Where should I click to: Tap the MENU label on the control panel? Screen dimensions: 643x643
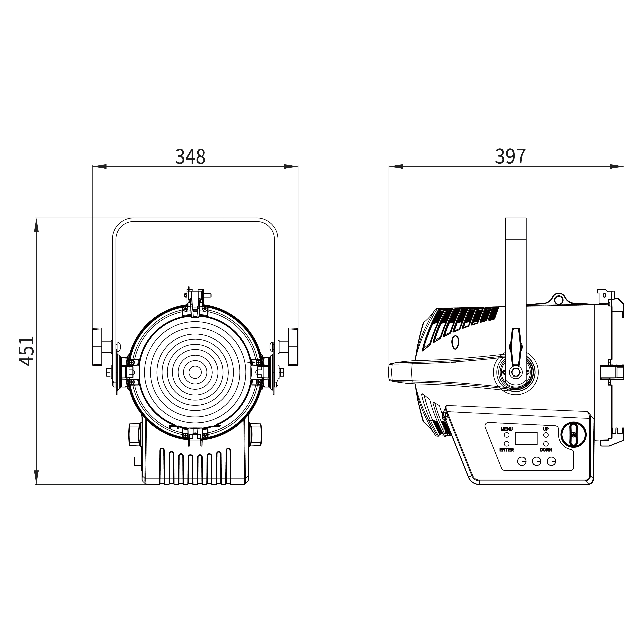(x=506, y=429)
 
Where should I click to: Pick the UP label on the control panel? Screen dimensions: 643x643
(x=546, y=429)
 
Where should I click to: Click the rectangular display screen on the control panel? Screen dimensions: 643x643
(x=526, y=438)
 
